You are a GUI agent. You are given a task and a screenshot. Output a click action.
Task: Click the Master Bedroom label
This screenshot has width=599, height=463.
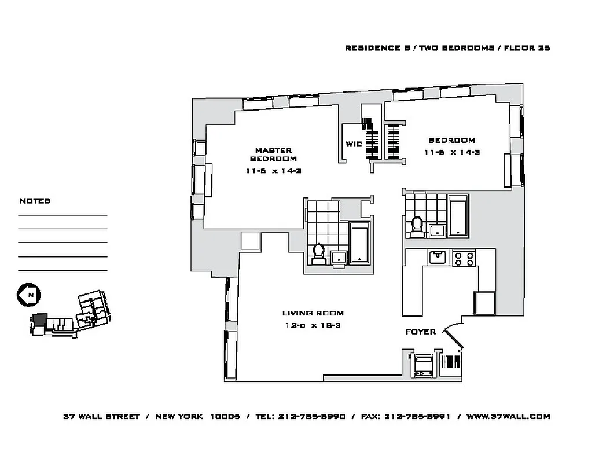pos(273,154)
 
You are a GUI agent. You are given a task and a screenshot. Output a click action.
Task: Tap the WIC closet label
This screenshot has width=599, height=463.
pos(354,144)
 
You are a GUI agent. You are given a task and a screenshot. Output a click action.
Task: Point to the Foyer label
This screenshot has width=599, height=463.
pos(420,332)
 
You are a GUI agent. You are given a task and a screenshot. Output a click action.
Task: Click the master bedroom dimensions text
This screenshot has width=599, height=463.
pos(273,171)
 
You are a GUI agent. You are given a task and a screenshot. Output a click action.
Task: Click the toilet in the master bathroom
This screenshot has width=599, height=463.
pos(318,253)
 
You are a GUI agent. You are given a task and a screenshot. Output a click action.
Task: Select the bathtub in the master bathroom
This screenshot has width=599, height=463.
pos(359,244)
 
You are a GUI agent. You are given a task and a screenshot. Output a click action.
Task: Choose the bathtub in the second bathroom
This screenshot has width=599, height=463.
pos(458,216)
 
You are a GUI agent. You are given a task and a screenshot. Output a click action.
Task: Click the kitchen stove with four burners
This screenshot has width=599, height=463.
pos(464,258)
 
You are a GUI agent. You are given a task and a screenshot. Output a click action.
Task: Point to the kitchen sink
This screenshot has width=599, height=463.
pos(438,256)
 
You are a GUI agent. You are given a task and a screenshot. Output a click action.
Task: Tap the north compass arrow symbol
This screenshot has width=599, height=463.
pos(27,295)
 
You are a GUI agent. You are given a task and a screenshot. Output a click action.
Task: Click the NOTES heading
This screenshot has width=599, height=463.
pos(35,201)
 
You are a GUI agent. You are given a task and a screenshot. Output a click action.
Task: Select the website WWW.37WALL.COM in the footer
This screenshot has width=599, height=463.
pos(508,416)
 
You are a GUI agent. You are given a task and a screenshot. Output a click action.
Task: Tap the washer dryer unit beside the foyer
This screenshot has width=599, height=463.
pos(424,366)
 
